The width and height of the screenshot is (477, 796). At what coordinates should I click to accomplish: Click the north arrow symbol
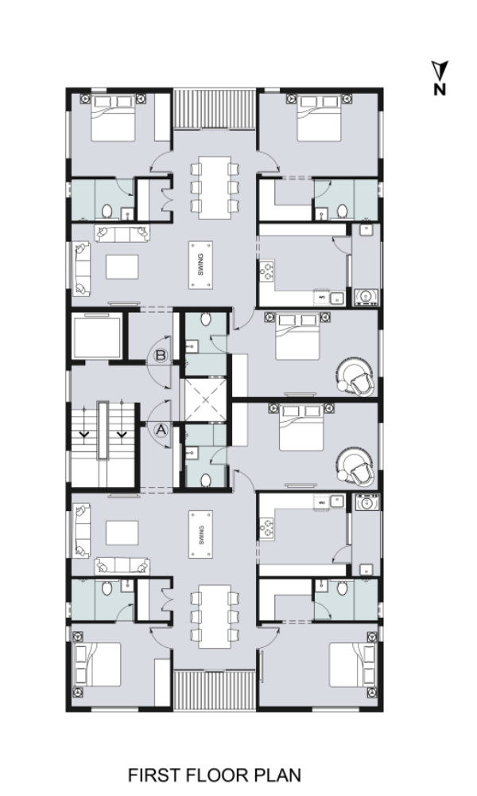(x=440, y=70)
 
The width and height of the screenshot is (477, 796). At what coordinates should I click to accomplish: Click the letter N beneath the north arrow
(x=440, y=89)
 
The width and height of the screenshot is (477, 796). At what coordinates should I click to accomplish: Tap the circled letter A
(x=161, y=430)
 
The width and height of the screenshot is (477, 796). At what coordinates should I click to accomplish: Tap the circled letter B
(x=161, y=355)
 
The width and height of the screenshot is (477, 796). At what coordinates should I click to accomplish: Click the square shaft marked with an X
(x=205, y=400)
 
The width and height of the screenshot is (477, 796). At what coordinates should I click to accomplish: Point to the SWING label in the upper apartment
(x=200, y=265)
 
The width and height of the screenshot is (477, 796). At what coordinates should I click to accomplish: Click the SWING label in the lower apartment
(x=200, y=535)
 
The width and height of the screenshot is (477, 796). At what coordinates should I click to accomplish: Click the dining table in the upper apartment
(x=215, y=187)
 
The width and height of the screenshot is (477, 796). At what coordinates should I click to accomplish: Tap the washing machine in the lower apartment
(x=366, y=502)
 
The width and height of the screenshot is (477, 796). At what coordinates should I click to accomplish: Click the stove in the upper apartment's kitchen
(x=267, y=271)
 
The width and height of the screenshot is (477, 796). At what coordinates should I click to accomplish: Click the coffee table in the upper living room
(x=122, y=267)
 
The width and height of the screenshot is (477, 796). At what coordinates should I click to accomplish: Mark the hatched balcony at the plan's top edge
(x=215, y=109)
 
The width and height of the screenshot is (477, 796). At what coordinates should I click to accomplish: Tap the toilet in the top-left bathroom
(x=107, y=211)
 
